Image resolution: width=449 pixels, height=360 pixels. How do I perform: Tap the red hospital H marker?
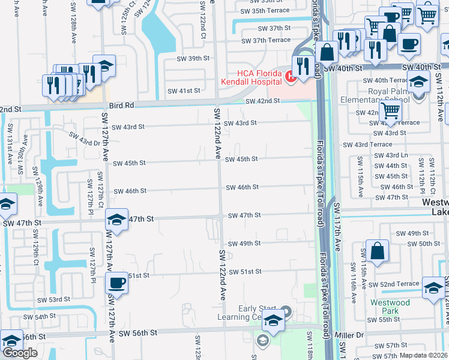[x=291, y=76]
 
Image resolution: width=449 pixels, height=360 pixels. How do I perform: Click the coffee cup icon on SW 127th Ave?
[x=116, y=283]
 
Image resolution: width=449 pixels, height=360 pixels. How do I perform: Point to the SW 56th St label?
[x=137, y=332]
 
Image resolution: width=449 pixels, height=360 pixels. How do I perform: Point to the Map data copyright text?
[x=424, y=355]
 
